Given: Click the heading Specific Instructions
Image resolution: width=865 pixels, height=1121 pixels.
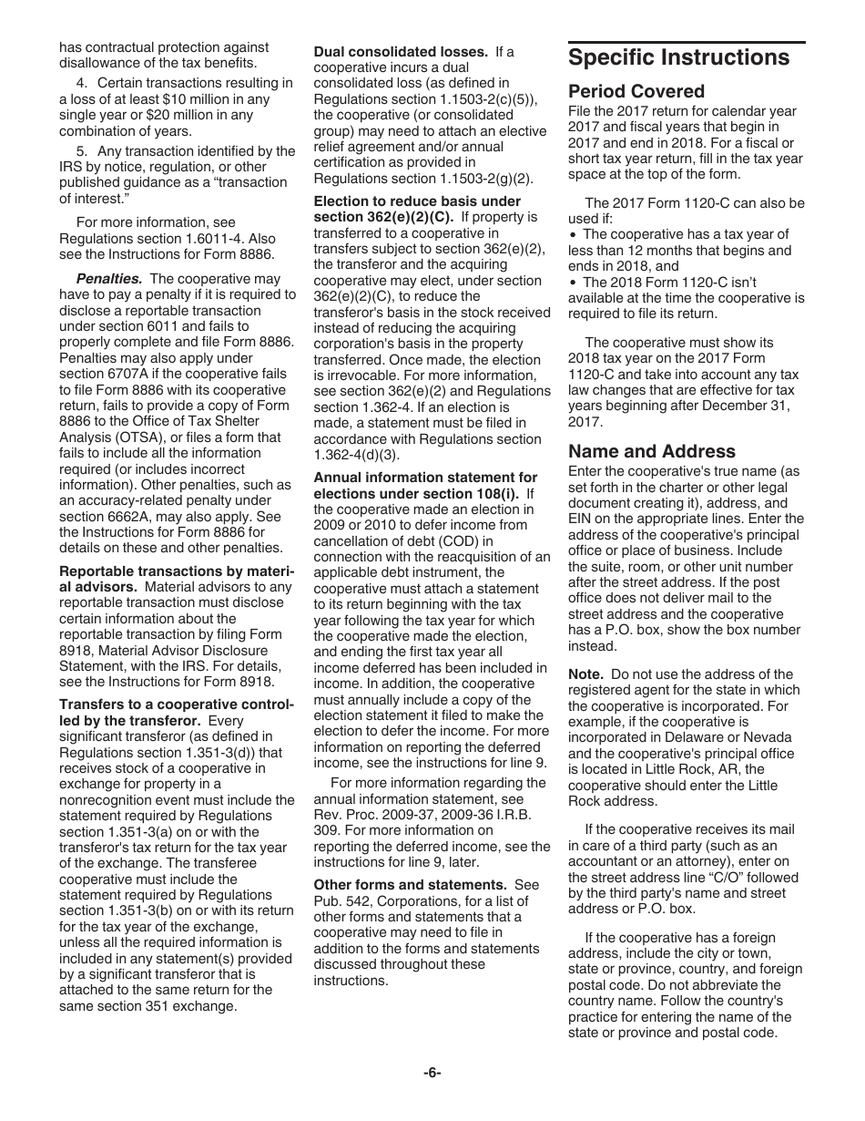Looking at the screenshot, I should click(678, 57).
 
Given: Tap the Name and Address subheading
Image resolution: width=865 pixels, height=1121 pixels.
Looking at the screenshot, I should click(651, 451).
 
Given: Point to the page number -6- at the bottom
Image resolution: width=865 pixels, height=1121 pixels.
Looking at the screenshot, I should click(432, 1073).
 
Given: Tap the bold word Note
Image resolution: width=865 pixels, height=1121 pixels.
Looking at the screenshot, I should click(585, 674).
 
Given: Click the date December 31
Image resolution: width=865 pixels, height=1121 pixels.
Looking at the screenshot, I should click(746, 406).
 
